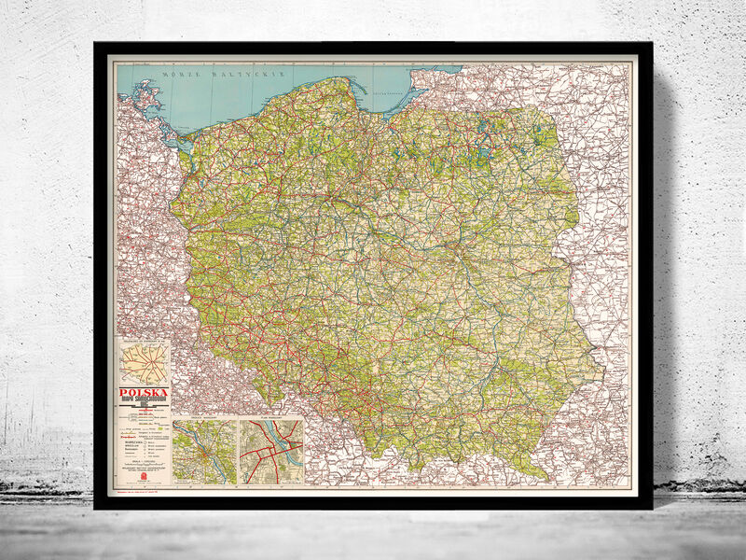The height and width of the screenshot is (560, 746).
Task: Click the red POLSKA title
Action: point(144,393)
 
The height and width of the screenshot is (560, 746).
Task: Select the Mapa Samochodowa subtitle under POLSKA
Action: point(144,403)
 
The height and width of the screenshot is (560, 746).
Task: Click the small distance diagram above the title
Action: point(144,360)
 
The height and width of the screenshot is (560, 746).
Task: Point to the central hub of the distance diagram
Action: point(144,361)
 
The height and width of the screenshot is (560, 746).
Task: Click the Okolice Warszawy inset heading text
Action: point(204,421)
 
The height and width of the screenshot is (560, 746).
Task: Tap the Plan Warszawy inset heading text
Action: point(270,421)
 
